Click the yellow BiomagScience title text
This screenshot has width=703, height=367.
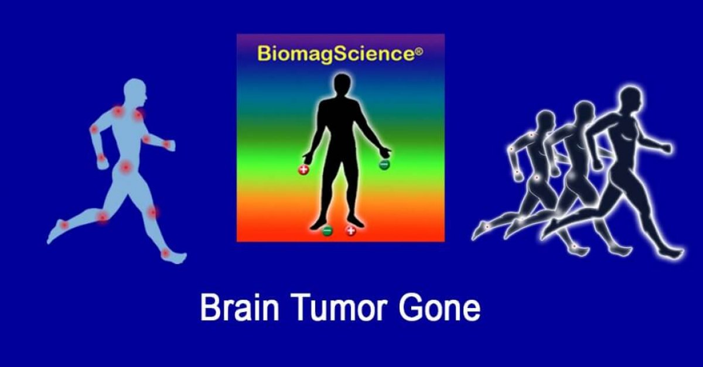tap(331, 54)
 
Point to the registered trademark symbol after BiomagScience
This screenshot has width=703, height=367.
tap(418, 52)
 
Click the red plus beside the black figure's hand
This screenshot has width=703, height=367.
tap(303, 170)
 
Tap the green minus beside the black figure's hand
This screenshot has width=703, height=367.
tap(384, 165)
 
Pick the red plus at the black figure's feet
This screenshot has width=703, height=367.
tap(350, 231)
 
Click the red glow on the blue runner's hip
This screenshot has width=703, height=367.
tap(125, 168)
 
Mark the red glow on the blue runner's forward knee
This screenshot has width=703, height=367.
tap(153, 212)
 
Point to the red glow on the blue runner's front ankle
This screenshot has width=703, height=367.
tap(166, 253)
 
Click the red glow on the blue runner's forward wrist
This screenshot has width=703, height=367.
tap(166, 144)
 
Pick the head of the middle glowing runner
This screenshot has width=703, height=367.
tap(584, 111)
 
